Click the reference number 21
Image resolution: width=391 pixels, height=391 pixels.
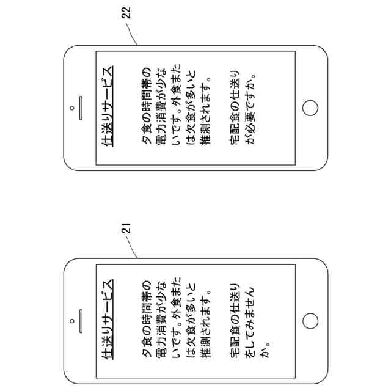click(127, 228)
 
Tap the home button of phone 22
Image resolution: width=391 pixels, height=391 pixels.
click(311, 108)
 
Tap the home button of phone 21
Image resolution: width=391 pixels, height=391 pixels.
click(310, 321)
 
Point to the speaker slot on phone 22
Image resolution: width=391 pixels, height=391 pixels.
click(79, 108)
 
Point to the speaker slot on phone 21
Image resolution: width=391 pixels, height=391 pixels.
click(79, 320)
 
